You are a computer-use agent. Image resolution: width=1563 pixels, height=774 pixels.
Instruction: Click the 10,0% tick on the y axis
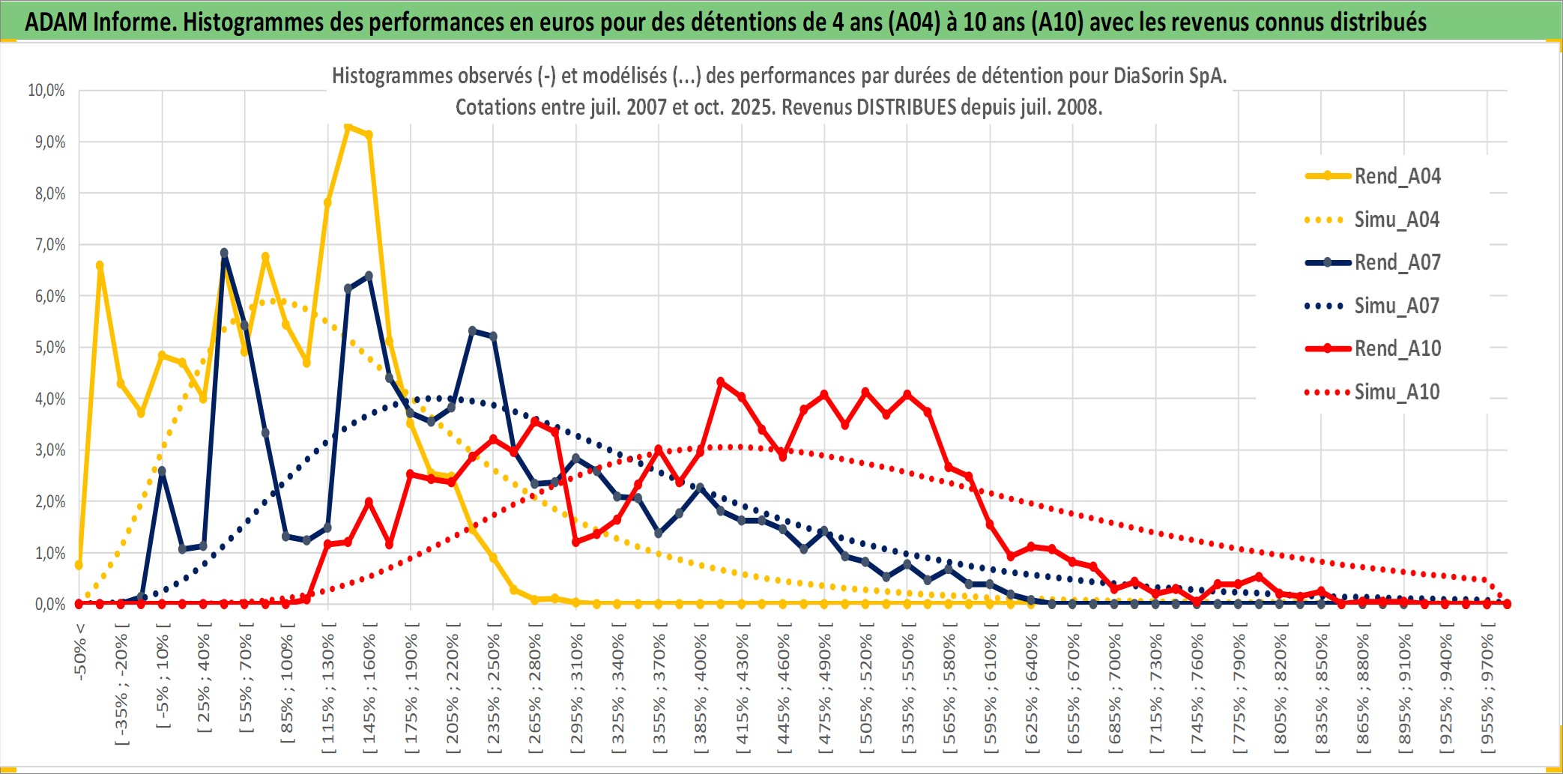(46, 91)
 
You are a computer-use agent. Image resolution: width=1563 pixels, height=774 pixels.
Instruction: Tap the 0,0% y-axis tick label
(49, 604)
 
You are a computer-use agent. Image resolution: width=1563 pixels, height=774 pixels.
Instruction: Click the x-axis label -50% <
(80, 652)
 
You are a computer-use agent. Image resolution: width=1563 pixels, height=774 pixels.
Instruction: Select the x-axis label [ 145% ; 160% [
(370, 689)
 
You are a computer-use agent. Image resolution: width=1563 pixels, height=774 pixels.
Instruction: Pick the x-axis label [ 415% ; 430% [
(743, 689)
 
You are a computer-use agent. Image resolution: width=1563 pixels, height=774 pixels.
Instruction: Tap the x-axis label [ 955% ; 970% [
(1487, 689)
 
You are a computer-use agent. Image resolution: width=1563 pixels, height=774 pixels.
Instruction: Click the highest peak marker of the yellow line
(348, 127)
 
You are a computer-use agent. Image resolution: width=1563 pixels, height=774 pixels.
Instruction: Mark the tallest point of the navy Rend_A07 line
(224, 253)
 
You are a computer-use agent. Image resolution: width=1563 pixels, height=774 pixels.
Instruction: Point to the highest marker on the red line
(721, 382)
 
